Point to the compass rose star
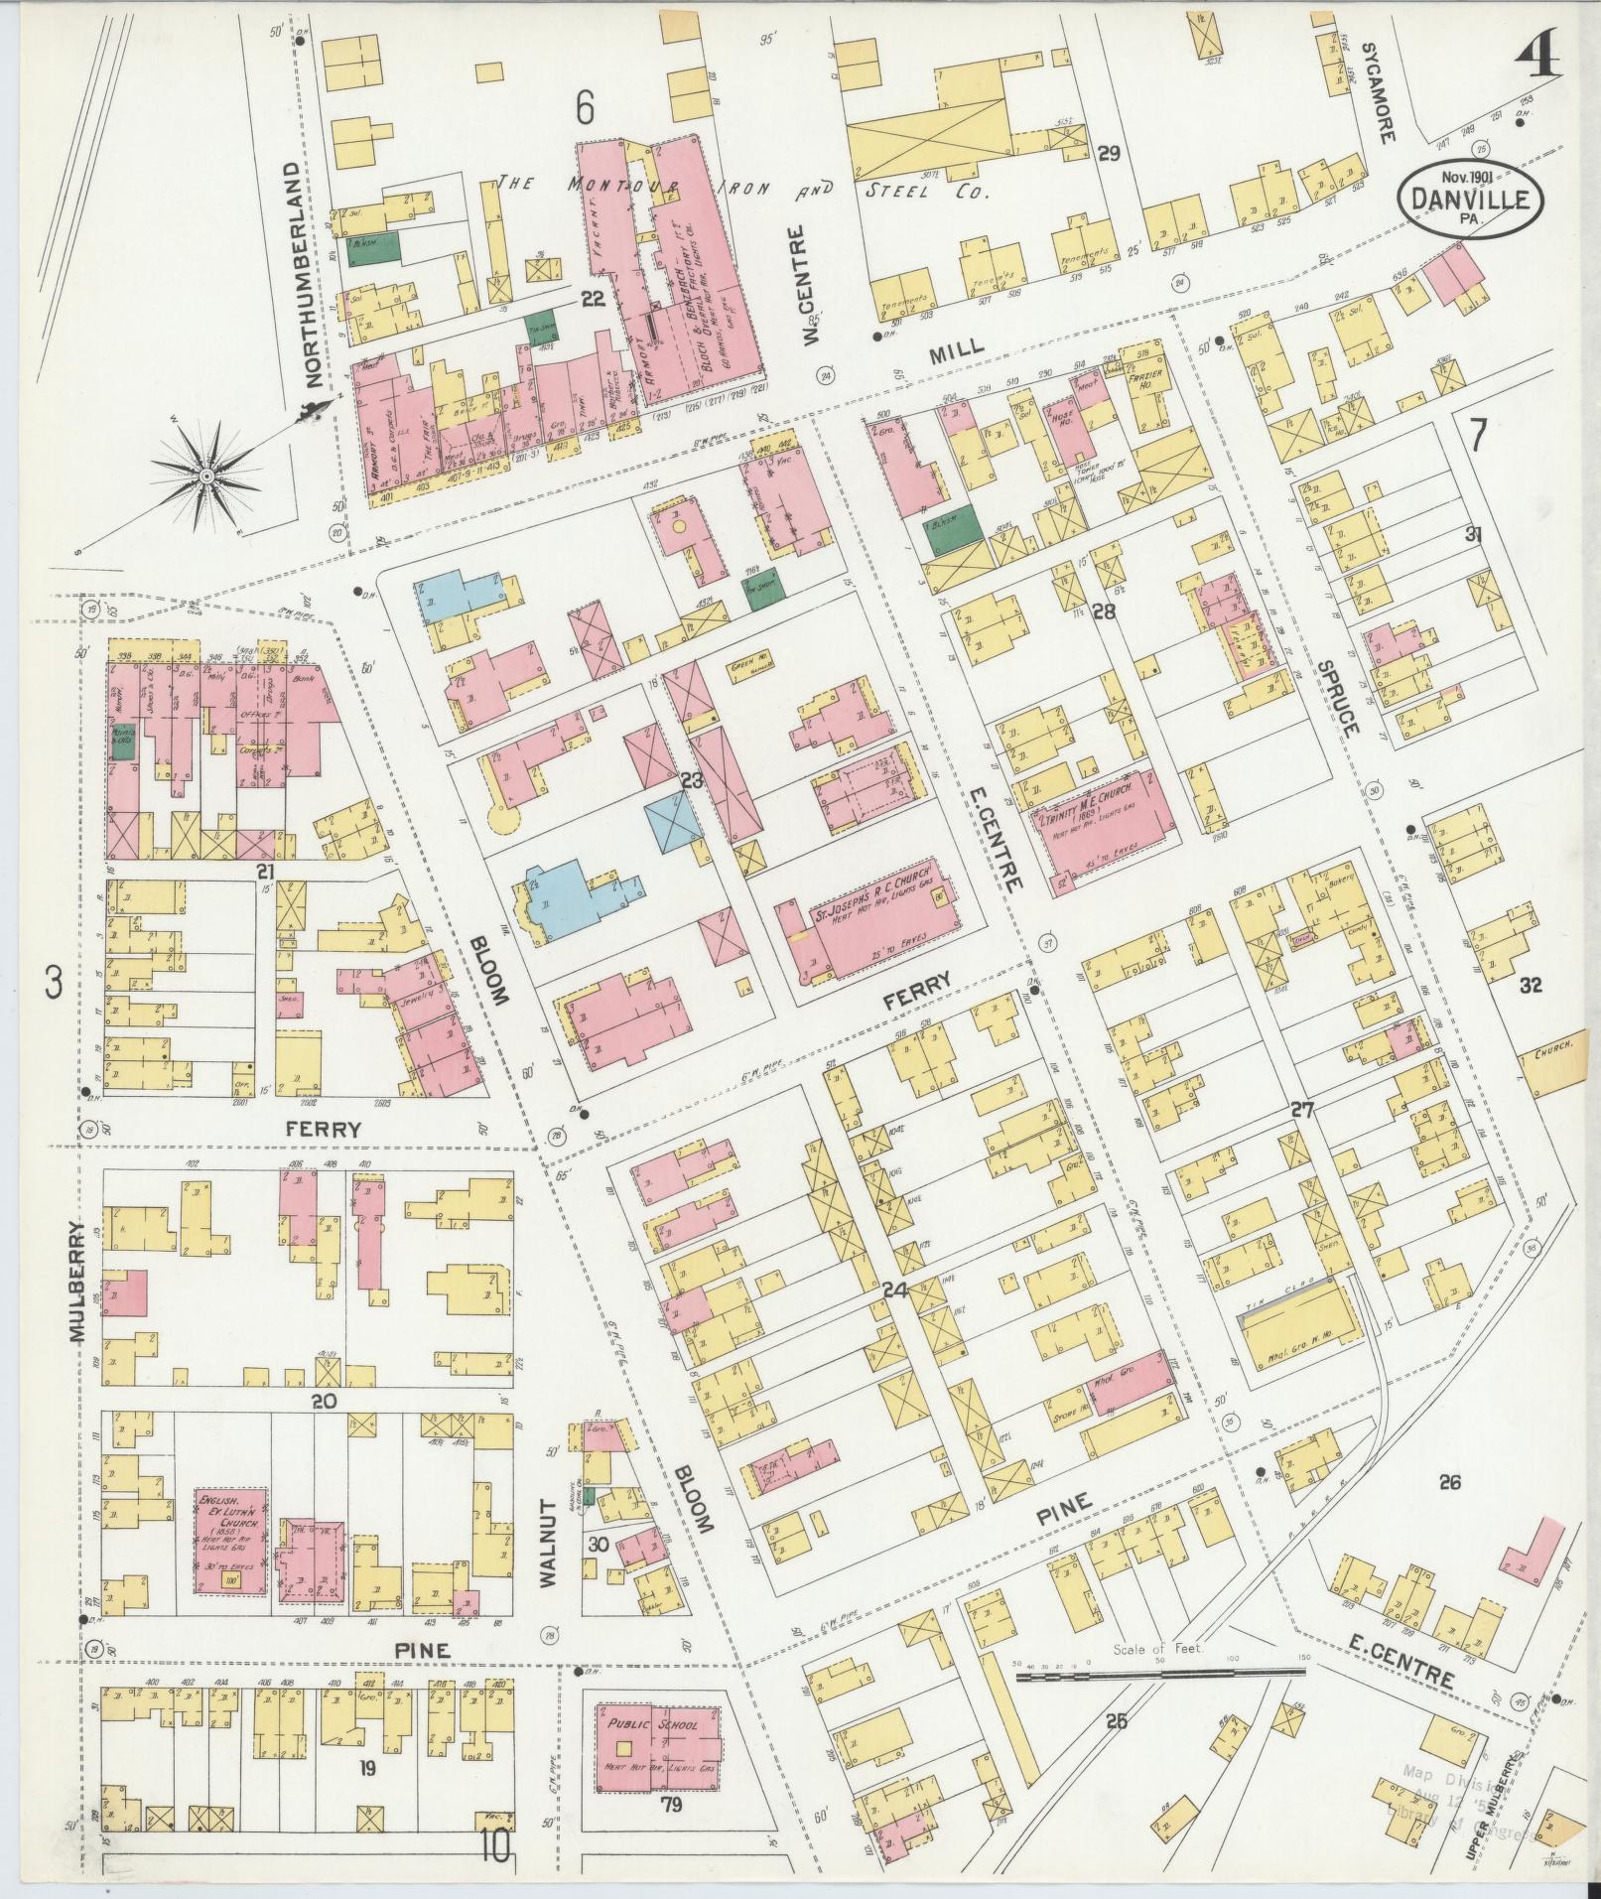coord(206,476)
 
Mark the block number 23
coord(692,780)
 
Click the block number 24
coord(894,1290)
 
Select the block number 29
coord(1109,154)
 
